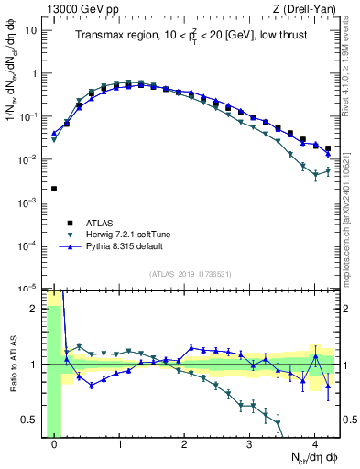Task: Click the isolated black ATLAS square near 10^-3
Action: [x=54, y=189]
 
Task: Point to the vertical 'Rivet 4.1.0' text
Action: [x=351, y=69]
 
